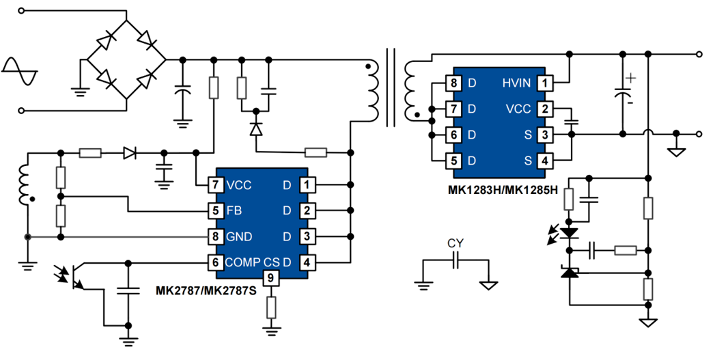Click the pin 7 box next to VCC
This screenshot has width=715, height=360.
[x=216, y=184]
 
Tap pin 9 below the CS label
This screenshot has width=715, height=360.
[x=271, y=278]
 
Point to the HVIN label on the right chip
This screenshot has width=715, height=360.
[x=516, y=83]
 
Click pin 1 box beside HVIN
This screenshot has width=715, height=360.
[x=544, y=83]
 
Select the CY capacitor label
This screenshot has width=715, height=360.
[x=455, y=243]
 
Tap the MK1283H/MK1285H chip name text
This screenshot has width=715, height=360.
[x=503, y=189]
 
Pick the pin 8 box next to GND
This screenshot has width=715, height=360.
[x=216, y=236]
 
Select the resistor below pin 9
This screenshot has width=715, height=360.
[x=271, y=307]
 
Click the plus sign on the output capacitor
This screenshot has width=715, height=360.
[x=631, y=79]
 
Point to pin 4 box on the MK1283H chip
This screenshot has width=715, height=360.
[x=544, y=161]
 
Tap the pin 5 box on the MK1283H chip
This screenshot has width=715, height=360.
[x=453, y=161]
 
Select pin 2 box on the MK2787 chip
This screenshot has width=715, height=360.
[x=307, y=210]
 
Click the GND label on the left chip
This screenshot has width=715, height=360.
[x=239, y=236]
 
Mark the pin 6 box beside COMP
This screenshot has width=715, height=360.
[x=216, y=262]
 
